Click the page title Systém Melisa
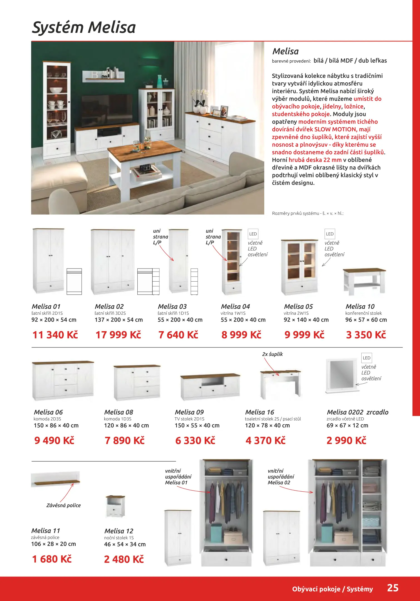pos(84,28)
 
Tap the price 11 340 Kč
pos(55,335)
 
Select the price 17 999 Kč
pos(118,335)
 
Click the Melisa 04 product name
pos(235,306)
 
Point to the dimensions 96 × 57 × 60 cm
pos(366,320)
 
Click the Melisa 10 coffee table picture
pos(364,281)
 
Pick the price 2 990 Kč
pos(346,440)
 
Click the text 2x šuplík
pos(272,354)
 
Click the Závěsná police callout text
pos(63,505)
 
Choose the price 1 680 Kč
pos(52,559)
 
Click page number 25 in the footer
pos(393,588)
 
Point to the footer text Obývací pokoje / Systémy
pos(332,589)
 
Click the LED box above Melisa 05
pos(330,234)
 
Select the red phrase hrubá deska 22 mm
pos(315,160)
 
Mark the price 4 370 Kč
pos(266,440)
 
